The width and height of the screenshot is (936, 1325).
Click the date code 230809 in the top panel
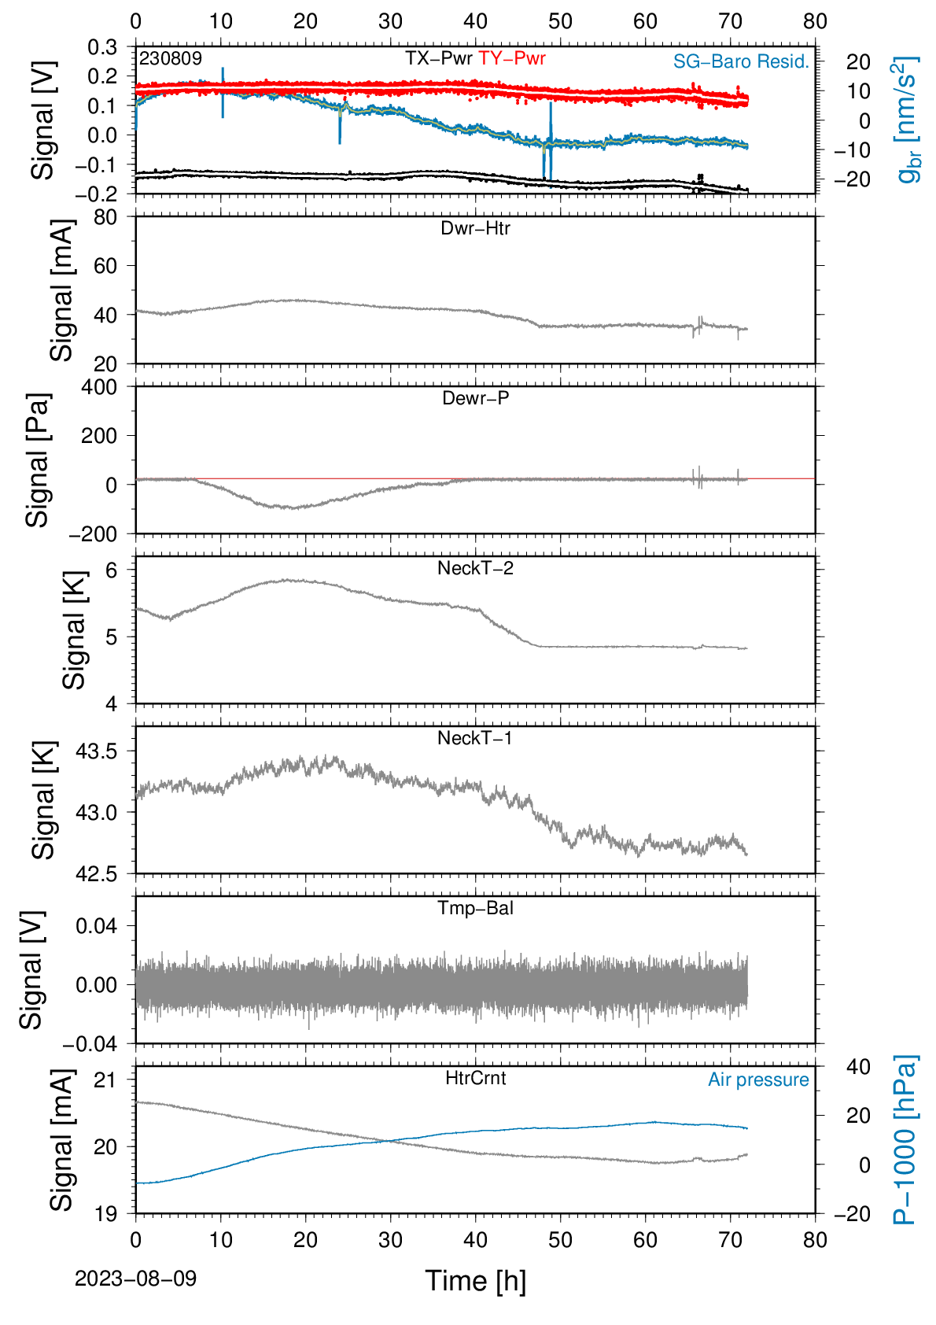tap(171, 58)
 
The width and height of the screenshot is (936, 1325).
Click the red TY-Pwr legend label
tap(511, 58)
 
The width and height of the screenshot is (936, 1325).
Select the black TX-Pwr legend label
tap(438, 58)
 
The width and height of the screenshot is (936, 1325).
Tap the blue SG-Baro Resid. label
tap(741, 61)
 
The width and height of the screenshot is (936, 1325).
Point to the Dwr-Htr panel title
tap(475, 228)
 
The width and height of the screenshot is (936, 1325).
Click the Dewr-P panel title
tap(475, 398)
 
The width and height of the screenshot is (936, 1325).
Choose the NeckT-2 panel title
tap(475, 568)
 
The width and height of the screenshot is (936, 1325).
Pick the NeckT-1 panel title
tap(475, 737)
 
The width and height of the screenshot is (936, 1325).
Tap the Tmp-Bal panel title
tap(475, 908)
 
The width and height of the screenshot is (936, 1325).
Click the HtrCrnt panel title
tap(475, 1078)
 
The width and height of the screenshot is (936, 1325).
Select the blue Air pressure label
tap(758, 1080)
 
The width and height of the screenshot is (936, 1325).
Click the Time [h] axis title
tap(475, 1281)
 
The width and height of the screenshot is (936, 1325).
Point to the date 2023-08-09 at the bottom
tap(135, 1279)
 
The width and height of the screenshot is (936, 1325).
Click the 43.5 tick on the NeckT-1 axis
tap(97, 751)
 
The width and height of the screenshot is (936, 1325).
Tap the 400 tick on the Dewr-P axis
tap(99, 387)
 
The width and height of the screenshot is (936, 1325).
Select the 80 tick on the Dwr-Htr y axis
tap(105, 218)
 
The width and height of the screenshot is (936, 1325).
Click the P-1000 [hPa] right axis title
tap(905, 1140)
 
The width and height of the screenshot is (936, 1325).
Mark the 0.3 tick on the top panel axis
tap(102, 47)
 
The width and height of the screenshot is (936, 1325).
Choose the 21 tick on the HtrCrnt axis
tap(105, 1080)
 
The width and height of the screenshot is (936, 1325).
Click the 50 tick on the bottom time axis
tap(560, 1240)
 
